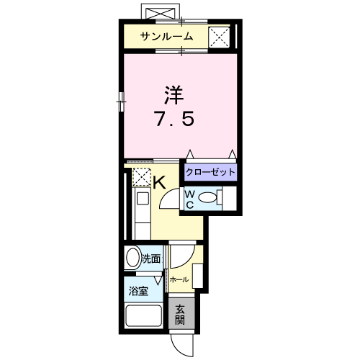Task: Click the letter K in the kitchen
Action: click(x=160, y=182)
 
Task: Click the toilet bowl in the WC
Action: click(x=208, y=198)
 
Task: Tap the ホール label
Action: click(x=179, y=279)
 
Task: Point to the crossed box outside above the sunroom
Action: click(x=159, y=14)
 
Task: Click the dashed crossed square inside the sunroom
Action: click(x=219, y=37)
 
